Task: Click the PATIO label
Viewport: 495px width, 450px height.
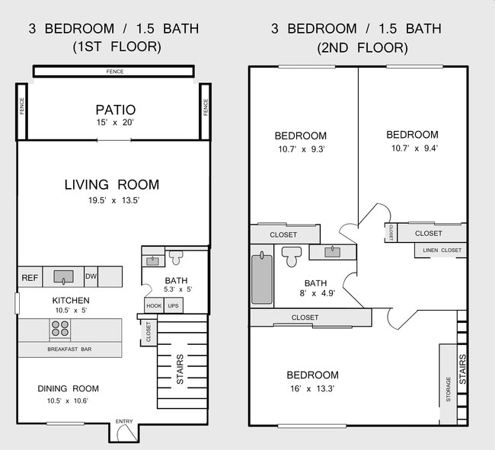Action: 116,110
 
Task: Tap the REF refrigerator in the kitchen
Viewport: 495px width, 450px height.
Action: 30,277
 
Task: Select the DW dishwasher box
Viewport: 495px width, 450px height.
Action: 91,276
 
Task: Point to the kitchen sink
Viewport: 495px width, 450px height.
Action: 63,276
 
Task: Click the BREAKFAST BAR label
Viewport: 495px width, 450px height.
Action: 69,349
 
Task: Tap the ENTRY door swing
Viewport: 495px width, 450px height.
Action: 127,433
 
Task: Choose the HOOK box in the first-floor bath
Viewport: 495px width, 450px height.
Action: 154,306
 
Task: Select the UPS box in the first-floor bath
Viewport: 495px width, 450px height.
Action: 174,306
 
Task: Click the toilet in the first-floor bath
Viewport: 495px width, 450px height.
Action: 176,257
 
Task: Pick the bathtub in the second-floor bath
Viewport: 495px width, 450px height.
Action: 262,279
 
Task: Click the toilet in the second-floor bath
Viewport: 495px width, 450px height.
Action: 292,257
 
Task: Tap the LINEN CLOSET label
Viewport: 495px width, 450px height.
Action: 442,251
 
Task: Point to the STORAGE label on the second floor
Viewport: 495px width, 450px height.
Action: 449,389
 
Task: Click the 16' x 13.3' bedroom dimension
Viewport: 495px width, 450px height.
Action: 312,388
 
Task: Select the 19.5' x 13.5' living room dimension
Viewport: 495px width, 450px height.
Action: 114,200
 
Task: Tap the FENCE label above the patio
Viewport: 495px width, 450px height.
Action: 115,72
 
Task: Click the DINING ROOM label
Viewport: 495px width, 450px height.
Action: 69,388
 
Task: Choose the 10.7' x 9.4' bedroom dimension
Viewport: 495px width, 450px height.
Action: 414,148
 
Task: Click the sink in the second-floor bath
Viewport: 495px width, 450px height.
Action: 333,252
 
